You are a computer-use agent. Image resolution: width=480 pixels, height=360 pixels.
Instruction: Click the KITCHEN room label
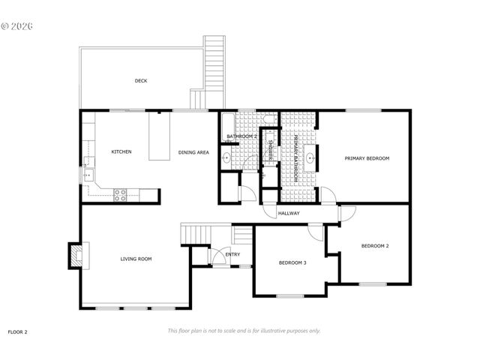[x=121, y=151]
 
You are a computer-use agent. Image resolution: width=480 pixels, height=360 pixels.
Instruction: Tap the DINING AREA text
[x=193, y=152]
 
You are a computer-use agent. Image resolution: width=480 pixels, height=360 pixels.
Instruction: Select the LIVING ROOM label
[x=136, y=259]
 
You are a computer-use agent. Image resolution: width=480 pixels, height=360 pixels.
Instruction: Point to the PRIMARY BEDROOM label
[x=367, y=158]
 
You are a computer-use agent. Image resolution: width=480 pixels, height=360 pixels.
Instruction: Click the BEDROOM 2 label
[x=375, y=246]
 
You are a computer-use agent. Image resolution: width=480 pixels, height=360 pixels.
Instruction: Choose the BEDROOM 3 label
[x=292, y=262]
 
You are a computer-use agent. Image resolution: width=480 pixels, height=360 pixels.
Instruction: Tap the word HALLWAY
[x=289, y=214]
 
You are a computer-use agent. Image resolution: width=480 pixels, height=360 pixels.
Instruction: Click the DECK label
[x=140, y=81]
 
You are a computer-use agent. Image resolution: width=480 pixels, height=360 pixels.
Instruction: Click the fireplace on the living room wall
[x=77, y=256]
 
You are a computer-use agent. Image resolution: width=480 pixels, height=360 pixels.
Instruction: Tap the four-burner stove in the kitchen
[x=120, y=194]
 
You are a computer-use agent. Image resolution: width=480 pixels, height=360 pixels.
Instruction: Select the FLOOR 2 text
[x=17, y=331]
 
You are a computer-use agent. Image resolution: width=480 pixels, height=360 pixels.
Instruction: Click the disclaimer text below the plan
[x=244, y=330]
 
